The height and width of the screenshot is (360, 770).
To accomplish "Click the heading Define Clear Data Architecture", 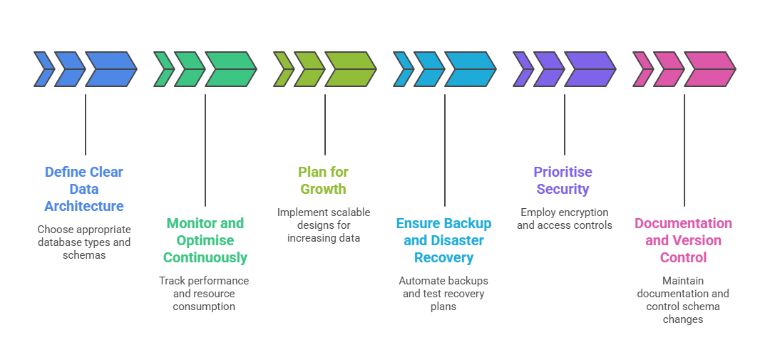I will click(x=84, y=189).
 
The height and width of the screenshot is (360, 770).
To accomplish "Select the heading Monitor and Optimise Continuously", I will click(x=205, y=240).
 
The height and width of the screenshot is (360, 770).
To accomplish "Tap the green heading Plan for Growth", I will click(x=323, y=180).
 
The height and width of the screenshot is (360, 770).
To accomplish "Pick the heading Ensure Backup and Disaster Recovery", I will click(x=443, y=240).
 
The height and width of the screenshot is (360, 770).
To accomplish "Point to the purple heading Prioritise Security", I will click(x=563, y=180).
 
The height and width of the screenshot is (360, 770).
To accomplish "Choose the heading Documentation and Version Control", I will click(x=683, y=240).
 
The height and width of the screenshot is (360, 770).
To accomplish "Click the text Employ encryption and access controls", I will click(x=564, y=219).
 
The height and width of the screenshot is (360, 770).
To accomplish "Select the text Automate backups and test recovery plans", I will click(x=443, y=294).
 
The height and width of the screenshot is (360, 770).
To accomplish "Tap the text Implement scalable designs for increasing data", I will click(x=324, y=225).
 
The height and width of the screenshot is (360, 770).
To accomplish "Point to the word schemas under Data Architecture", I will click(x=84, y=255).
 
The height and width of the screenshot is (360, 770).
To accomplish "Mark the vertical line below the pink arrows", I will click(x=684, y=150).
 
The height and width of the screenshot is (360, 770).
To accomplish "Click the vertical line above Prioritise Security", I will click(x=565, y=124).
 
